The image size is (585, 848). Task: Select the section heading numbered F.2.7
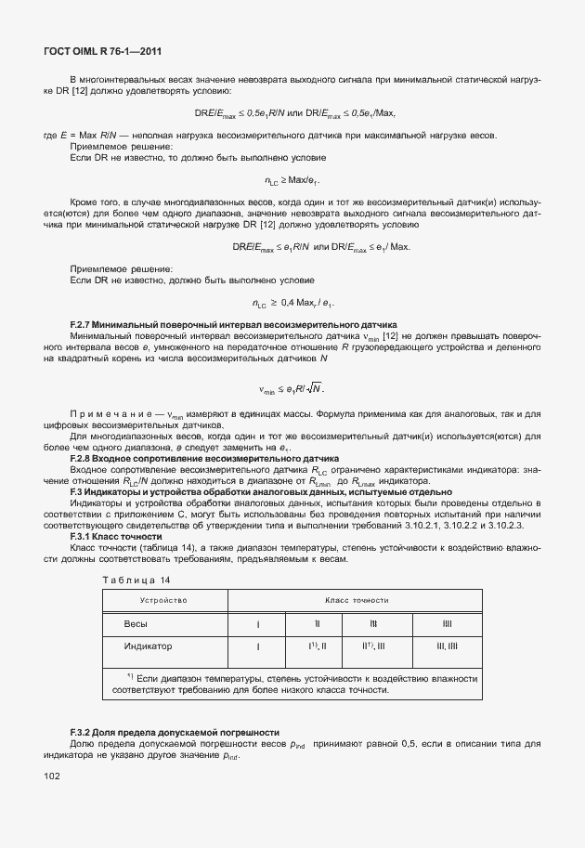tap(233, 325)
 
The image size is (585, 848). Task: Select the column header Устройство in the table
tap(163, 601)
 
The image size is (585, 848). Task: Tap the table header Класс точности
tap(356, 601)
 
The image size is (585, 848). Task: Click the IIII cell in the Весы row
tap(446, 623)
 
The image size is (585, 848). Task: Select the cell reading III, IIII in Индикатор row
tap(446, 646)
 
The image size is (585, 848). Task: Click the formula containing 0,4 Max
tap(293, 303)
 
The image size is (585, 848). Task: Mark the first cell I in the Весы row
tap(257, 623)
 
